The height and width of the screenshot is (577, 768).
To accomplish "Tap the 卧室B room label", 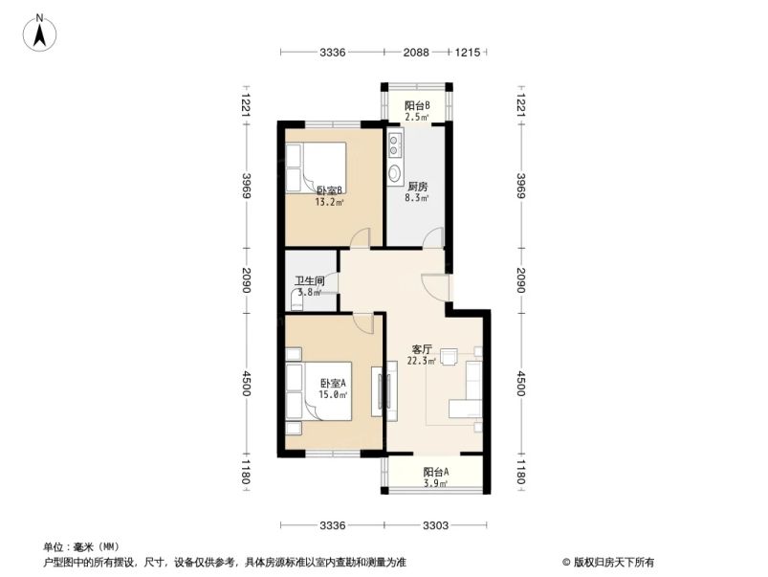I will click(329, 190).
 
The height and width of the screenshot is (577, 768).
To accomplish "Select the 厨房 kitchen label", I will click(416, 188).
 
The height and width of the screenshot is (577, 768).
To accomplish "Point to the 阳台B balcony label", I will click(416, 105).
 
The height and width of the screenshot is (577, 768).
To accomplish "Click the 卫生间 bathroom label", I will click(308, 281).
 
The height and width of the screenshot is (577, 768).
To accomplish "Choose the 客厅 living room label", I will click(423, 350).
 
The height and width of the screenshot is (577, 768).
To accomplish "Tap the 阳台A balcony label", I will click(435, 472).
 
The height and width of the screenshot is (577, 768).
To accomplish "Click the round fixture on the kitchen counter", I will click(395, 174).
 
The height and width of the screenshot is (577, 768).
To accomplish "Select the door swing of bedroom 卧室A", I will click(363, 322).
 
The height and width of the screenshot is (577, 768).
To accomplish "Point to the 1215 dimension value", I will click(466, 53).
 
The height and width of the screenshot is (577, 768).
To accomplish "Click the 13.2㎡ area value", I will click(329, 202).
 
